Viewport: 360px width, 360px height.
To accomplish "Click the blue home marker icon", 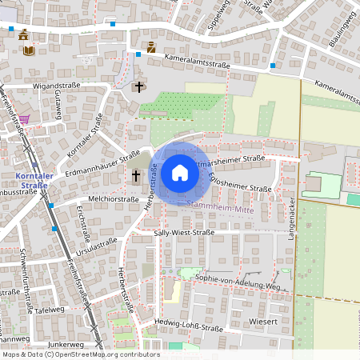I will tap(180, 172).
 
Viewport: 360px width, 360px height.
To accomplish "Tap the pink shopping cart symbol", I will tap(25, 119).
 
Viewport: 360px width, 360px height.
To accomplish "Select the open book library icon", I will tap(29, 50).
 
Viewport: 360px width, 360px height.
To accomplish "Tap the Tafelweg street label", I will tap(49, 309).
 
